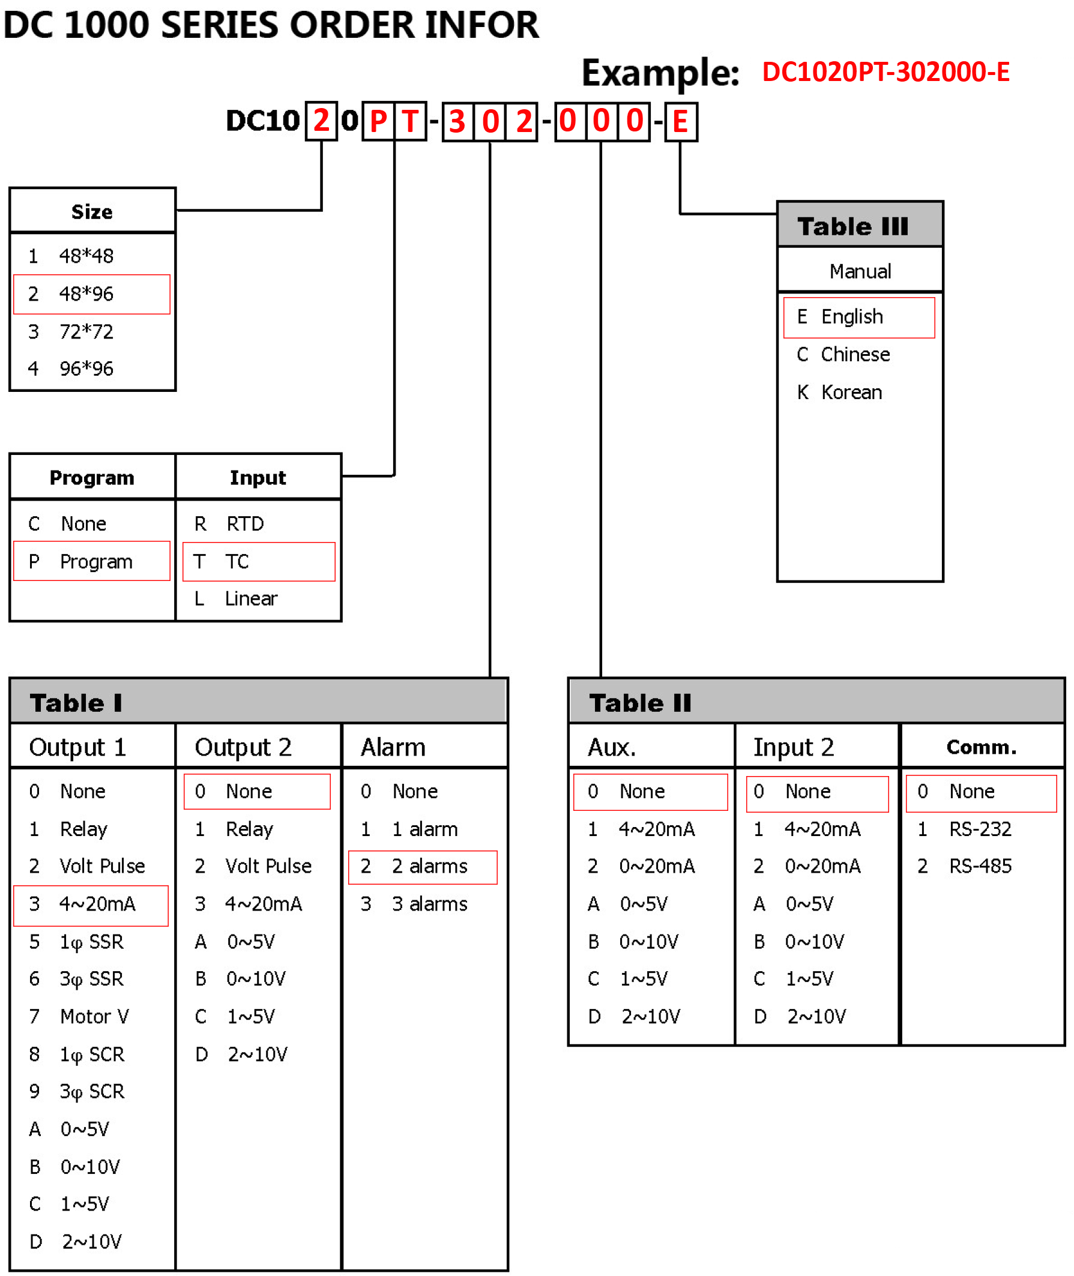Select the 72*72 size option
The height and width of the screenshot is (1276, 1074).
[x=85, y=332]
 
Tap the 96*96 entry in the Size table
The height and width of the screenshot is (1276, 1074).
[x=85, y=369]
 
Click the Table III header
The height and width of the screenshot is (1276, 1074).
[x=852, y=226]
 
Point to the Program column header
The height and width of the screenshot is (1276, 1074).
[x=92, y=478]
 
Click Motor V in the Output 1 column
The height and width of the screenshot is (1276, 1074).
[x=94, y=1017]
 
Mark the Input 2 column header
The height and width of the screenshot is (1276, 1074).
[x=793, y=747]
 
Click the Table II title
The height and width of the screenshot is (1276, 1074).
[x=640, y=703]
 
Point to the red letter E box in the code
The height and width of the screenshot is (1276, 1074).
[x=680, y=122]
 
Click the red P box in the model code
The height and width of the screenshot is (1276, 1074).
[x=378, y=122]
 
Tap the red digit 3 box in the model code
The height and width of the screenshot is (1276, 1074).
[x=457, y=122]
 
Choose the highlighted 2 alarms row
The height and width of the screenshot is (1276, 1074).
[x=423, y=866]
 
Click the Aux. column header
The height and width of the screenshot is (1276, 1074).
[x=611, y=747]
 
